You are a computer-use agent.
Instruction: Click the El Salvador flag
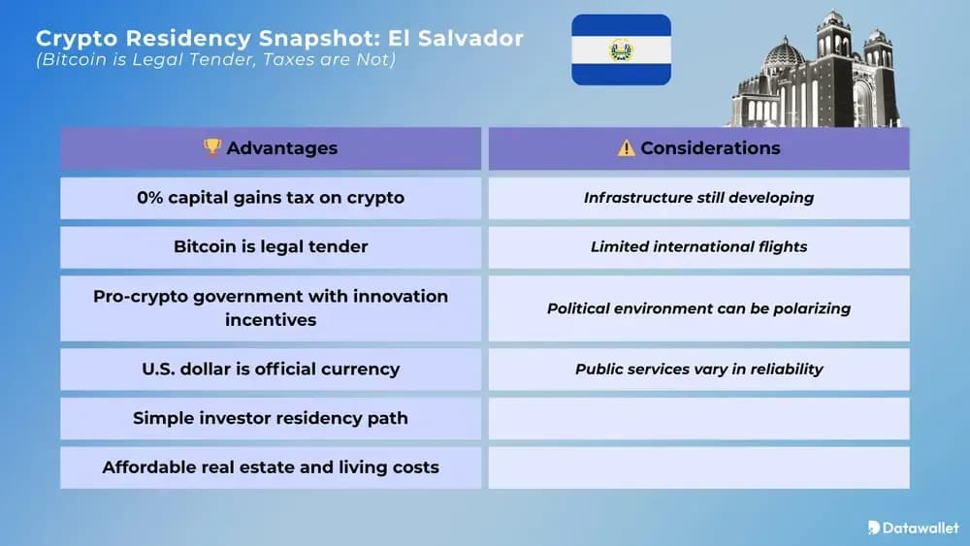click(621, 49)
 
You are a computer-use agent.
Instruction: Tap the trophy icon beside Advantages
click(211, 147)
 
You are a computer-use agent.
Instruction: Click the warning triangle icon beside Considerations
click(627, 148)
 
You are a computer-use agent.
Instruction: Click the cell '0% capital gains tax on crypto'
click(271, 198)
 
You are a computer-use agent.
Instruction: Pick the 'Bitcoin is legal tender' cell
click(271, 246)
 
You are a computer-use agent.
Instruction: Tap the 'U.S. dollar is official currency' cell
click(271, 369)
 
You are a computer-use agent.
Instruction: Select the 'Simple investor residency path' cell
click(271, 418)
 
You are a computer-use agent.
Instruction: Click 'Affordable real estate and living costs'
click(271, 467)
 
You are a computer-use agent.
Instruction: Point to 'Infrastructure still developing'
click(698, 198)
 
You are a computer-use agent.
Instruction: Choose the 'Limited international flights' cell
click(698, 246)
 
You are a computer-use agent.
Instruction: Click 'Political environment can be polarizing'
click(698, 308)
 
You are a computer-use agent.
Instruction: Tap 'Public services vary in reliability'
click(698, 369)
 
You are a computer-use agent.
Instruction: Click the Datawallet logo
click(913, 528)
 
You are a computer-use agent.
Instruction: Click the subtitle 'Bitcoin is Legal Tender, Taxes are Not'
click(216, 60)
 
